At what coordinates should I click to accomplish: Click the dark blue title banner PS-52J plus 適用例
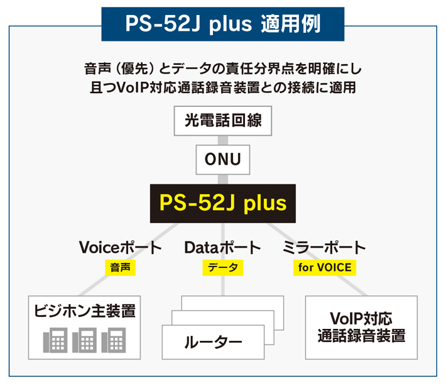(223, 24)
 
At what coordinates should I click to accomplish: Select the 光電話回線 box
(223, 121)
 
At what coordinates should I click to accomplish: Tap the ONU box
(223, 159)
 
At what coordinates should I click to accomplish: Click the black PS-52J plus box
(223, 203)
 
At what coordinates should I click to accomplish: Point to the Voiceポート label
(121, 247)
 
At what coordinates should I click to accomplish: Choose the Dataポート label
(222, 247)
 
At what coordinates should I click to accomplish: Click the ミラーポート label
(324, 247)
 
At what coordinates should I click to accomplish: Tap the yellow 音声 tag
(121, 268)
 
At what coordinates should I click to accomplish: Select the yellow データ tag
(223, 268)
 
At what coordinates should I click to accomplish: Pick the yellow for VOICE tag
(325, 268)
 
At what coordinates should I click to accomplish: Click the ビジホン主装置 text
(85, 311)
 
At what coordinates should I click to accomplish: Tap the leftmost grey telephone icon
(55, 340)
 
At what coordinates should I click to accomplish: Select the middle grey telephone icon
(84, 340)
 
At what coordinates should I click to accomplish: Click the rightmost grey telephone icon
(114, 340)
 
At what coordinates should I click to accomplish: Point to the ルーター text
(213, 342)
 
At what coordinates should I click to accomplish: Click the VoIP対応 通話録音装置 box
(361, 328)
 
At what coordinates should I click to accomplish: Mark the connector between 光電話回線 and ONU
(223, 140)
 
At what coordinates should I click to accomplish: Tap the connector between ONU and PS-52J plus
(223, 179)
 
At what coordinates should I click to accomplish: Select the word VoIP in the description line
(133, 87)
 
